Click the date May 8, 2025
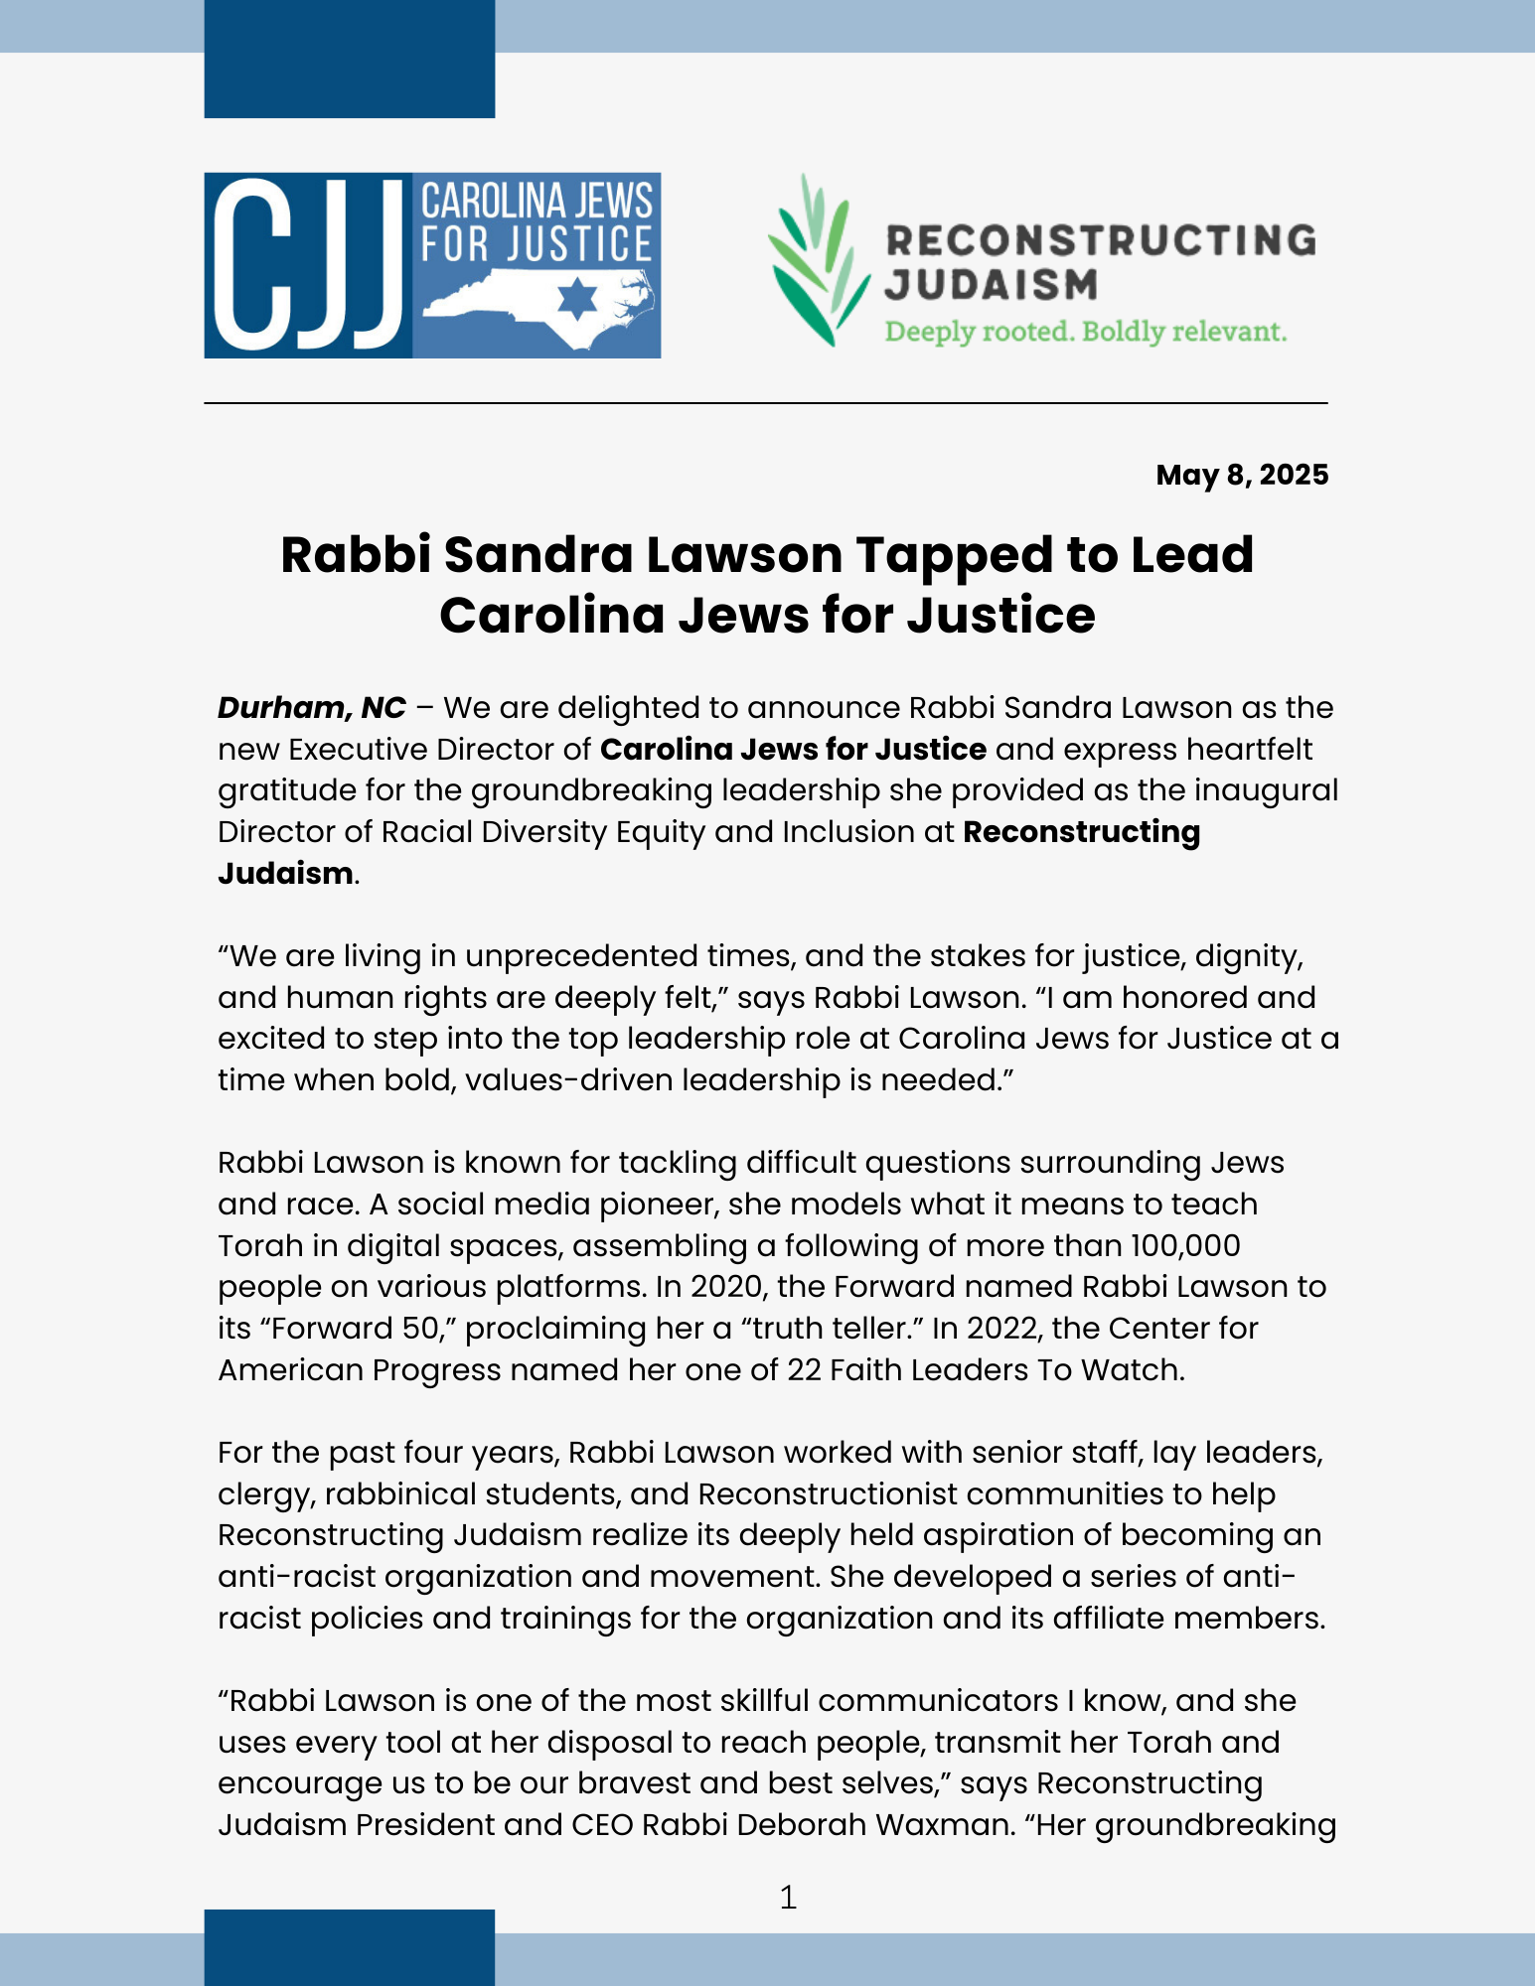click(1241, 475)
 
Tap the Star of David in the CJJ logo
click(577, 298)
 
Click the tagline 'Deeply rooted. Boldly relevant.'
click(1085, 331)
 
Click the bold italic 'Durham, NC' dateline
click(312, 708)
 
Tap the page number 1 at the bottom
click(788, 1898)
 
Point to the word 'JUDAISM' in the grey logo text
click(991, 285)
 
